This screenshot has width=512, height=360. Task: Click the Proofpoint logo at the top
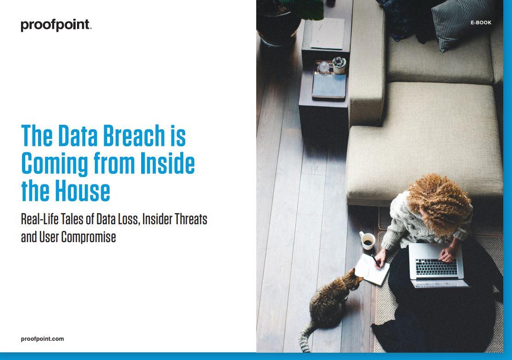56,25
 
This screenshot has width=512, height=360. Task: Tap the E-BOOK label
481,22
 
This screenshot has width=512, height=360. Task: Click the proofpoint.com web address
43,339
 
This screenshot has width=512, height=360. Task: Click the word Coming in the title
55,164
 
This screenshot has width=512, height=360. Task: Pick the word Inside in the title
167,163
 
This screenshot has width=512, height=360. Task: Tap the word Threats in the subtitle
191,219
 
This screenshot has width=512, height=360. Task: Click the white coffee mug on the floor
367,240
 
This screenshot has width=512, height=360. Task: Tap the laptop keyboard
436,266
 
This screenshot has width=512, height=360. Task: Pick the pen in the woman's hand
375,260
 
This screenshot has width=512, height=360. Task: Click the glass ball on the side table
324,67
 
